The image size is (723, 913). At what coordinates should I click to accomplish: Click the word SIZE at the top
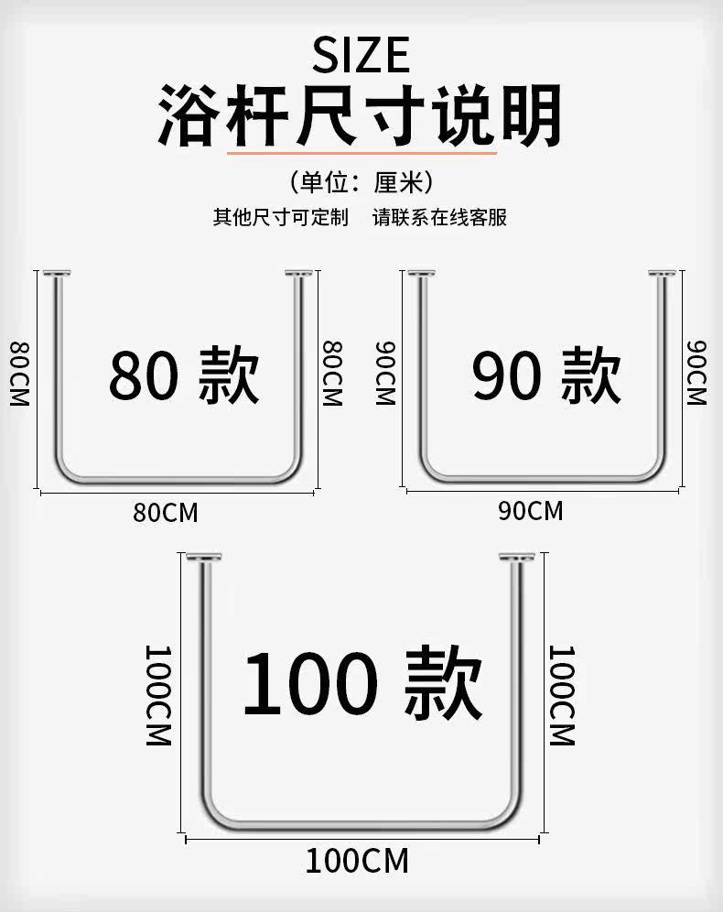361,55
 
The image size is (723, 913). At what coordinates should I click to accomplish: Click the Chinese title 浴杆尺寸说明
361,115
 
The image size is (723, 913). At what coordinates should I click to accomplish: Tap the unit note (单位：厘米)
361,182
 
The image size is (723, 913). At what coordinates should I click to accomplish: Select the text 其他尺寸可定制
281,217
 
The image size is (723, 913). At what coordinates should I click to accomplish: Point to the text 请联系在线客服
440,217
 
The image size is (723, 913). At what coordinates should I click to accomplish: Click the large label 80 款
184,375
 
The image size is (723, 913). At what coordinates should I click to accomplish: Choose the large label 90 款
546,375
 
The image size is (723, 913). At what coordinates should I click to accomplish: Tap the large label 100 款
362,682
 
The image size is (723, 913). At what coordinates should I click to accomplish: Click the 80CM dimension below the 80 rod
166,513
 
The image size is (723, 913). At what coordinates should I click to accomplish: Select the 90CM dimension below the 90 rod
531,511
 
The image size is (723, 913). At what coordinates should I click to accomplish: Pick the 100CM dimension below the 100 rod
358,861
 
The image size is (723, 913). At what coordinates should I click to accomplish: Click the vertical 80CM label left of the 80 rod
19,374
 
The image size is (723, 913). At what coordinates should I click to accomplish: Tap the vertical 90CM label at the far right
696,373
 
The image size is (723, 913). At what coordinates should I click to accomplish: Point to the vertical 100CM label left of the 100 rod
157,695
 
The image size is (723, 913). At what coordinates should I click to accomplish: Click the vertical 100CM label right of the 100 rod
562,695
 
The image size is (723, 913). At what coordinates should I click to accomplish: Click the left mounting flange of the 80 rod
57,273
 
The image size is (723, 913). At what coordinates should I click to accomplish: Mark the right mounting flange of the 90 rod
663,273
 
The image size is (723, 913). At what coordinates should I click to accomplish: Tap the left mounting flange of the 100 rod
204,558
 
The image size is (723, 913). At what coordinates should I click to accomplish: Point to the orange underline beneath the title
361,153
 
